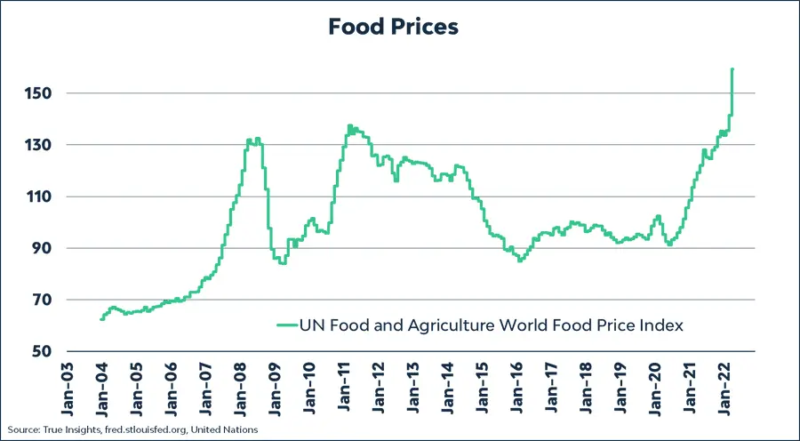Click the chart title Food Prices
coord(392,27)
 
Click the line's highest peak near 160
coord(732,69)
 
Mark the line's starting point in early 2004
coord(101,318)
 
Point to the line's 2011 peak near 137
coord(349,126)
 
